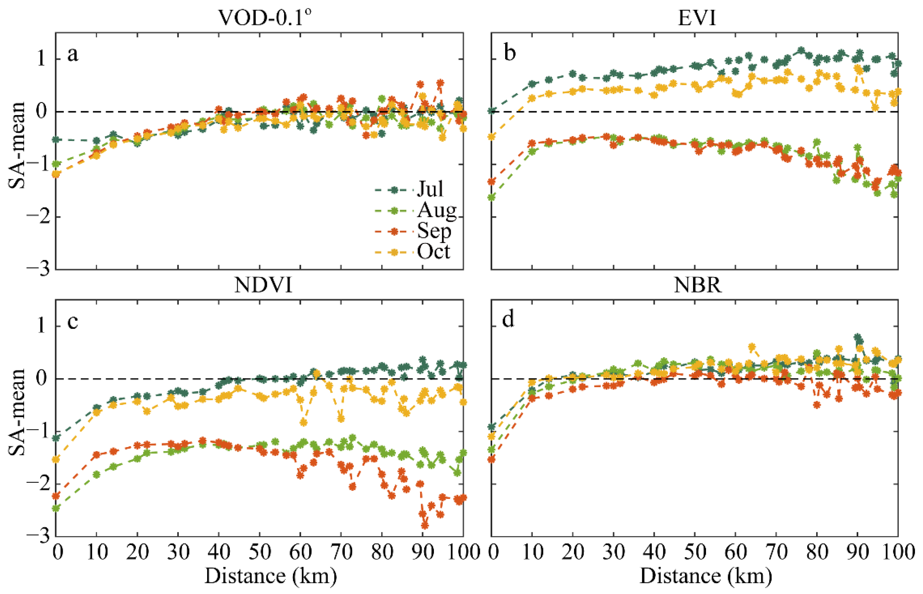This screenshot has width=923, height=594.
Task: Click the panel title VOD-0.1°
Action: click(265, 17)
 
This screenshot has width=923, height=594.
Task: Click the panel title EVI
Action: click(697, 17)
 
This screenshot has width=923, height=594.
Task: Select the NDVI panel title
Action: click(264, 285)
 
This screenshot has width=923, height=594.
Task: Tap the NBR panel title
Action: click(697, 285)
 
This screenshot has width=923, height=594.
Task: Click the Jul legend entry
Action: click(430, 189)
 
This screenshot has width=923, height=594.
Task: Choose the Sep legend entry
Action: click(434, 231)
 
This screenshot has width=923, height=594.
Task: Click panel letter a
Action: click(72, 54)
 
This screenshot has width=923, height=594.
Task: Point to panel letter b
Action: click(510, 53)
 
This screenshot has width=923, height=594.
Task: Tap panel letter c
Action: click(72, 321)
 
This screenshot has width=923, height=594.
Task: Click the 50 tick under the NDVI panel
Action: click(260, 552)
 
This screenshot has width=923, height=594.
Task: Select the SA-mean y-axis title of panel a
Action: click(16, 145)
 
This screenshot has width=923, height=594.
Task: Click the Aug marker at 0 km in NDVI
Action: click(56, 508)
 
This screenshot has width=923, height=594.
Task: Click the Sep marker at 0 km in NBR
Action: click(491, 459)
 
